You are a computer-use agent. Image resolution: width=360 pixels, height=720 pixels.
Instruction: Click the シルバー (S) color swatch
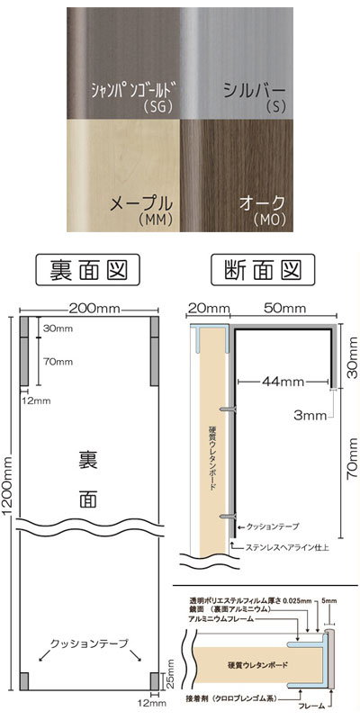pos(237,63)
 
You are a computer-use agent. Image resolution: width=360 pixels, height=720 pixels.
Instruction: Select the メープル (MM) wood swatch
pos(123,175)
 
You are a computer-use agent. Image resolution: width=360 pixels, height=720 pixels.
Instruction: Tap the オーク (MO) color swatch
pos(237,175)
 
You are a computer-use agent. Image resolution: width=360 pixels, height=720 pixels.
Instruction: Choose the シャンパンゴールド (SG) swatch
pos(123,63)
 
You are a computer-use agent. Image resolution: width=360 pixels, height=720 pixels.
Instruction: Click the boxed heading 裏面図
pos(87,269)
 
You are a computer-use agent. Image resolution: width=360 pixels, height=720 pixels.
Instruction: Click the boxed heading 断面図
pos(263,269)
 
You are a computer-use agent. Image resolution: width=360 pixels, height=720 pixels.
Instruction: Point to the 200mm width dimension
pos(94,309)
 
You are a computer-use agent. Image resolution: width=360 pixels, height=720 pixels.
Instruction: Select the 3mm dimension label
pos(310,416)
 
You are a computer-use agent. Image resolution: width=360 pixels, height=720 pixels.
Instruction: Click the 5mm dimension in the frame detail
pos(330,600)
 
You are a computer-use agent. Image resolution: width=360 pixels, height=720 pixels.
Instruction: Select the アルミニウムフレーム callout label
pos(220,618)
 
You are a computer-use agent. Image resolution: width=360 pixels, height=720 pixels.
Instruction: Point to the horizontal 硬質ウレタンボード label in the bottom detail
pos(258,664)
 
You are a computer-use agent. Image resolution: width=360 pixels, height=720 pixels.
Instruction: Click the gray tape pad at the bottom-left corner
pos(24,681)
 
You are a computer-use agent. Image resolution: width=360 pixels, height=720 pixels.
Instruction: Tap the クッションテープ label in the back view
pos(88,643)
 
